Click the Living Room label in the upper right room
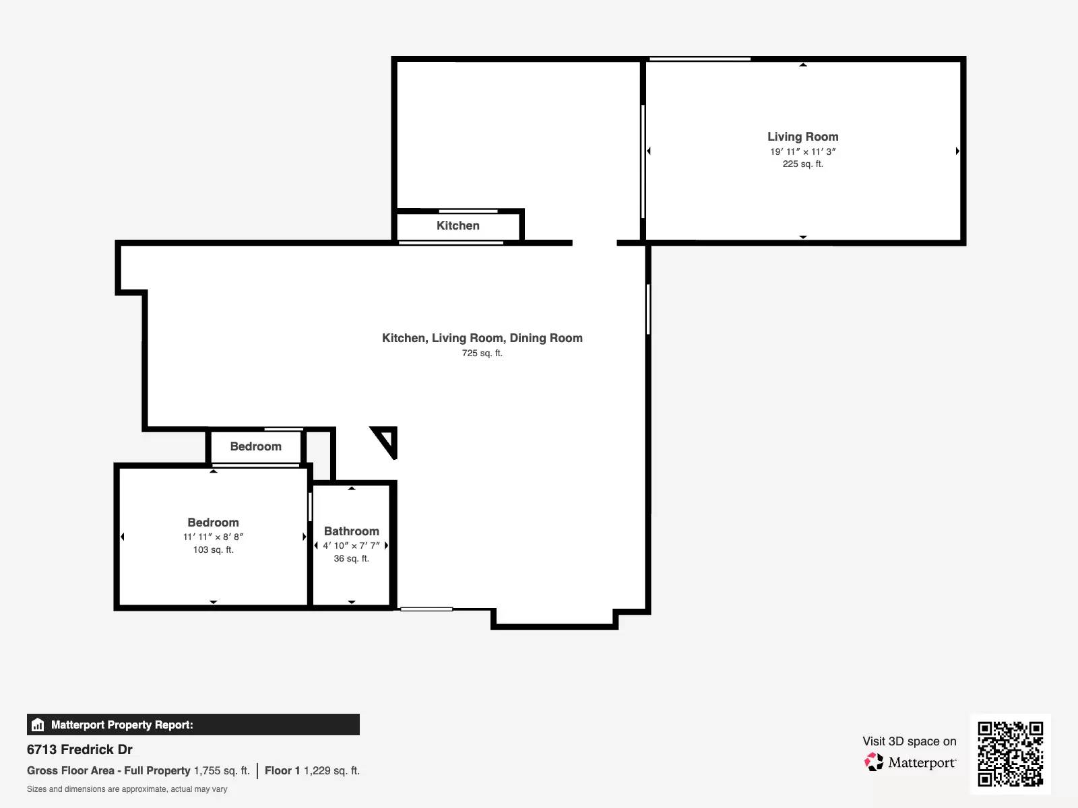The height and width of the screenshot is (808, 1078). click(802, 137)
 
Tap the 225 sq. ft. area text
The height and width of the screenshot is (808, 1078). click(802, 164)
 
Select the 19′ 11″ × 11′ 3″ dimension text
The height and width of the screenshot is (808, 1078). click(802, 151)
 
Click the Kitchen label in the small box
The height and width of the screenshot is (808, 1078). click(457, 226)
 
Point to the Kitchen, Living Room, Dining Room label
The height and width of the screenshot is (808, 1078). click(482, 338)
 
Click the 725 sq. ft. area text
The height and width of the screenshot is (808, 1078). click(482, 353)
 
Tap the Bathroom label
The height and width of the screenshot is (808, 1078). click(352, 531)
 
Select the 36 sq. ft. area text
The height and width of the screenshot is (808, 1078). click(352, 558)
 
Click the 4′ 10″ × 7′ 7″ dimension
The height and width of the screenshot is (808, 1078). click(351, 545)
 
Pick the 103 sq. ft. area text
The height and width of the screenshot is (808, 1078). click(213, 550)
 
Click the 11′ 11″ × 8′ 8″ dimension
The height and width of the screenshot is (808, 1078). click(213, 537)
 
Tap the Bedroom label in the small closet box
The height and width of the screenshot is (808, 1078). click(256, 446)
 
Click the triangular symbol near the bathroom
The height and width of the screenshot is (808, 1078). click(385, 442)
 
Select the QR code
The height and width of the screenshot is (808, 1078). click(1010, 754)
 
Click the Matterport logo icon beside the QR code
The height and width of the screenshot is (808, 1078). click(874, 762)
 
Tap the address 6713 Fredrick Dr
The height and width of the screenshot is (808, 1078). click(80, 749)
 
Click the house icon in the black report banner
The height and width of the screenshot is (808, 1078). click(38, 725)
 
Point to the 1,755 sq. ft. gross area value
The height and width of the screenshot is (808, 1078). click(222, 771)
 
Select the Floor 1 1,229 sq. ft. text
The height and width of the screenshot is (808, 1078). click(313, 771)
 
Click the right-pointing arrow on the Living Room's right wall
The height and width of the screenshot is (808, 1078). click(957, 151)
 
